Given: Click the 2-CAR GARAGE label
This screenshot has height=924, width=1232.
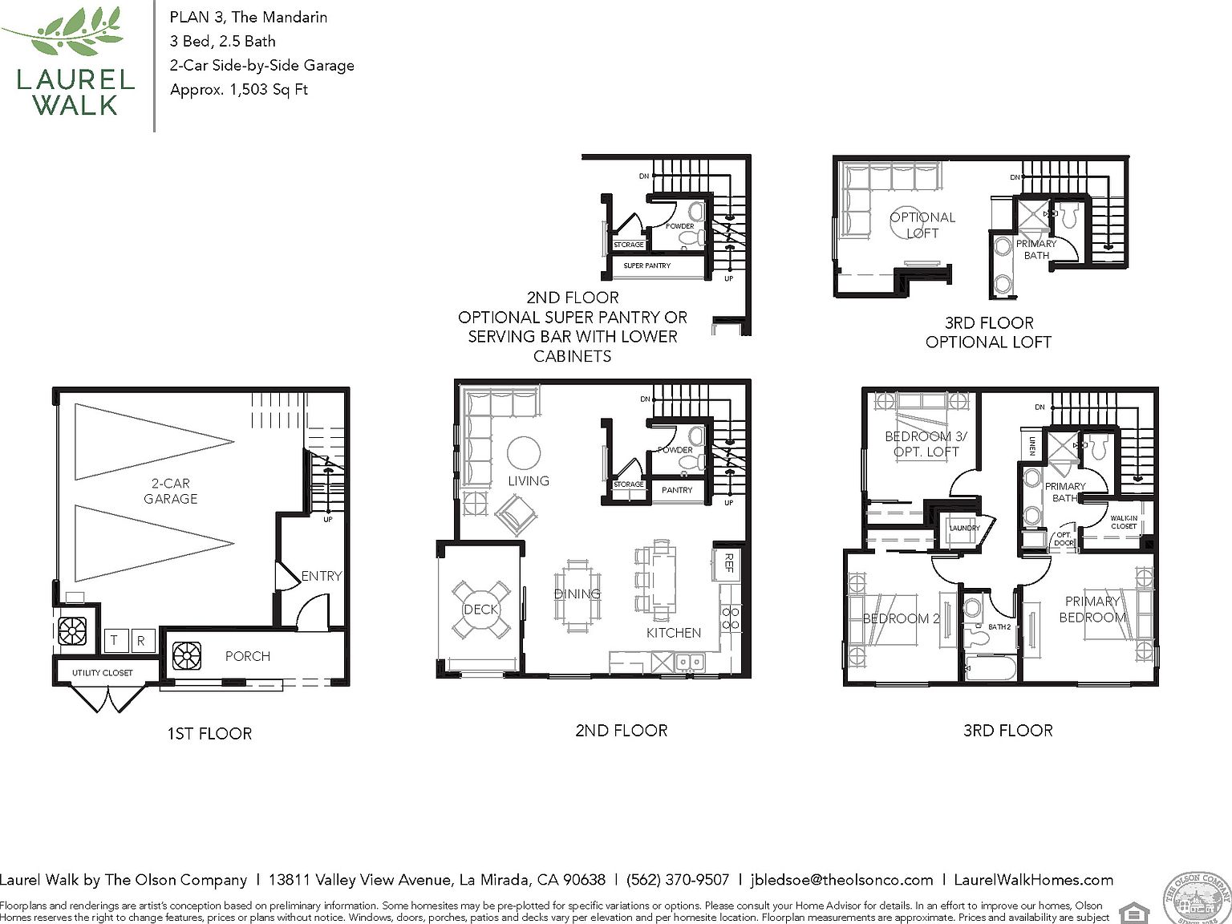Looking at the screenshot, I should coord(170,491).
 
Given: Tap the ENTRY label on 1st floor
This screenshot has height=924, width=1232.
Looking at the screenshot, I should coord(322,576).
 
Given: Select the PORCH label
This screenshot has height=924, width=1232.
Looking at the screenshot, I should coord(247,656).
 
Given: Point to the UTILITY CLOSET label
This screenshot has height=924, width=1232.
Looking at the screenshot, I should coord(103,673).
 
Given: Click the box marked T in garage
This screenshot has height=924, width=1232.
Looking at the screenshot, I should coord(115,640).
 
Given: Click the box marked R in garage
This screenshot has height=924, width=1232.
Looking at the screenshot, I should coord(141,640).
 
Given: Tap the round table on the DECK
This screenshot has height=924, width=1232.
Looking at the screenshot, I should coord(480,610).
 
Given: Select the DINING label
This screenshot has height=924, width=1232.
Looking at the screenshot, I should coord(577,594).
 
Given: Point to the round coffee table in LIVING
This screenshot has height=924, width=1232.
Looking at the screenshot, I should coord(524,453).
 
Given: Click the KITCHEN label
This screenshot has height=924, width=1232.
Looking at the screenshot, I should coord(674,633).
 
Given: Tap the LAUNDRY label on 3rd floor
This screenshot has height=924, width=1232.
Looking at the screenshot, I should coord(964,528).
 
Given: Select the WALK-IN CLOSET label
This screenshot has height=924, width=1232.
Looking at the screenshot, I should coord(1124,522).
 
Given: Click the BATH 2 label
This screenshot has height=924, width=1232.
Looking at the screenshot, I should coord(999,626).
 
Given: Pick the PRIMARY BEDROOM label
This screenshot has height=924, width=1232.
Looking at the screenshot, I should coord(1092,610).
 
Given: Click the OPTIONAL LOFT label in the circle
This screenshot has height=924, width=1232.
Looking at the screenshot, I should coord(922,225).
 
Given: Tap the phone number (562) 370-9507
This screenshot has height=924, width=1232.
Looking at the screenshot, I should coord(677,880).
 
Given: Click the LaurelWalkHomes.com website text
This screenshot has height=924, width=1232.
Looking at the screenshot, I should coord(1033,880).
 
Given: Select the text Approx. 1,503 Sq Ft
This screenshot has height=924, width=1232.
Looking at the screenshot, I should coord(239,90).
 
